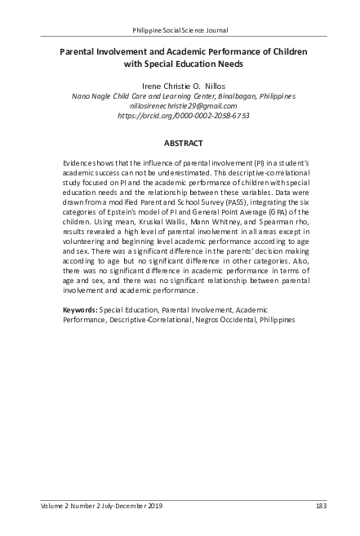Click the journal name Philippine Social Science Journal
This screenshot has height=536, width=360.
click(180, 18)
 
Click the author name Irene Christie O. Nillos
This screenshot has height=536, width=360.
click(180, 84)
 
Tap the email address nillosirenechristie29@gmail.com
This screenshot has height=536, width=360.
click(180, 105)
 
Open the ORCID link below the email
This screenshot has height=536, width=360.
click(180, 116)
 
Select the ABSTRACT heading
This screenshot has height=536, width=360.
click(180, 144)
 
